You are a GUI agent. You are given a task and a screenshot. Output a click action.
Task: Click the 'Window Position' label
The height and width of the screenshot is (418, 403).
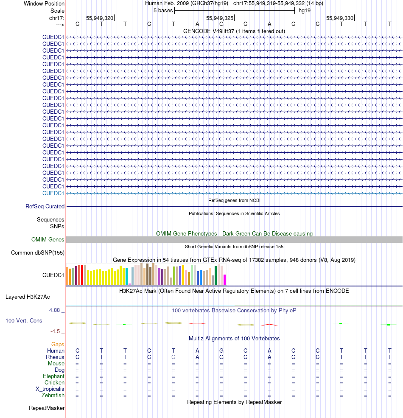44,3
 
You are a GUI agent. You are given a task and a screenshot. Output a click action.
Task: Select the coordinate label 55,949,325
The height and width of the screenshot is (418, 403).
220,18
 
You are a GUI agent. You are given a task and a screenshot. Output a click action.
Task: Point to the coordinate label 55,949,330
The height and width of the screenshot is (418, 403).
340,18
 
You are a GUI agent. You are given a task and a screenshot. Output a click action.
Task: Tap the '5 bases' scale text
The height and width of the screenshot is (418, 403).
163,10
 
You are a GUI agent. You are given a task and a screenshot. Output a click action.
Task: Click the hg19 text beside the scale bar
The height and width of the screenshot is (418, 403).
305,10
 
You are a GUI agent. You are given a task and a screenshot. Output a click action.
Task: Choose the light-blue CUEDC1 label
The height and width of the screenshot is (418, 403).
53,193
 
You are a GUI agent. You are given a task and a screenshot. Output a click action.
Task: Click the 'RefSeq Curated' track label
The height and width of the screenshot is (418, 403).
45,206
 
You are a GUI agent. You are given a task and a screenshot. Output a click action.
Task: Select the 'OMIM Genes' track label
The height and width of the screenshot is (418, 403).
48,240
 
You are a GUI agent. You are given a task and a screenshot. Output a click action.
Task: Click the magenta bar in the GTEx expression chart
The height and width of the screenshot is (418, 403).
225,280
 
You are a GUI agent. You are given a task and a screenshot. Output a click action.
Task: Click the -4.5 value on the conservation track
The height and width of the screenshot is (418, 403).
56,331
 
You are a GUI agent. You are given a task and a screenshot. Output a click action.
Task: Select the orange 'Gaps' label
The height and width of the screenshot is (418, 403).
58,344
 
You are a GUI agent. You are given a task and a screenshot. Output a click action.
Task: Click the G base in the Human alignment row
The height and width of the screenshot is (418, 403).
221,351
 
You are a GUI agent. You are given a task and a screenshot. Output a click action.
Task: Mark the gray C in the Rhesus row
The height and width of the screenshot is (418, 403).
173,357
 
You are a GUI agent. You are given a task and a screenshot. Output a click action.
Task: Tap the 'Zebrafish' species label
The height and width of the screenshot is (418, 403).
53,395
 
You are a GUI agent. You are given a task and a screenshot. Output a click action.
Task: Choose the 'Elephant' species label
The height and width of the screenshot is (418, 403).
53,376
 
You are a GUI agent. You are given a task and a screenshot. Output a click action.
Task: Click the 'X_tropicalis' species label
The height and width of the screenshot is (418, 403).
50,389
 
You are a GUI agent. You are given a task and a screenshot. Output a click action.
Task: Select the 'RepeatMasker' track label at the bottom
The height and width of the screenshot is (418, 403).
47,408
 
